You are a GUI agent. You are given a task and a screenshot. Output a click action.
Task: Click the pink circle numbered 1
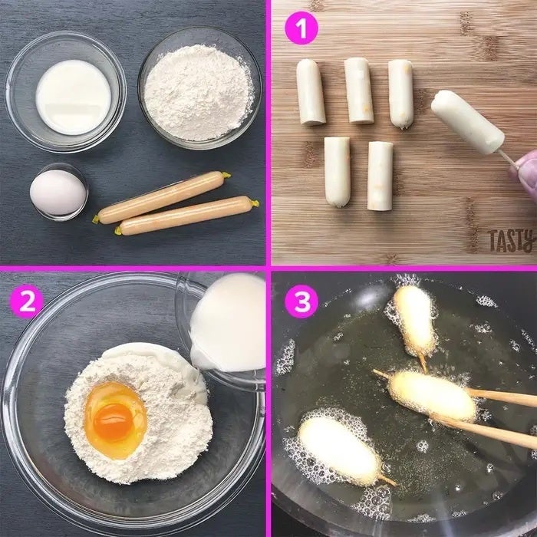click(301, 28)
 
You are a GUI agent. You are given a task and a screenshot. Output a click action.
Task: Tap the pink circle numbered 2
click(27, 301)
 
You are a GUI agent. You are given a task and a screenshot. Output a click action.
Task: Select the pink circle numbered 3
click(301, 301)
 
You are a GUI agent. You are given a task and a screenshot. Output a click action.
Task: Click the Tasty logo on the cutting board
click(512, 240)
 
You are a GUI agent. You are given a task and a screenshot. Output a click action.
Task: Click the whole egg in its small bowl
click(58, 193)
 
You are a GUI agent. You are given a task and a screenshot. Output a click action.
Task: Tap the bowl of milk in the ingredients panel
click(66, 92)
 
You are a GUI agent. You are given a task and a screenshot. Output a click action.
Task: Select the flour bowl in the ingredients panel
click(199, 88)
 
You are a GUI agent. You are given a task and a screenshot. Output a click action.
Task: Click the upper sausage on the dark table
click(161, 197)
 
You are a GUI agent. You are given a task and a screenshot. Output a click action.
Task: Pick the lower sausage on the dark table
click(186, 216)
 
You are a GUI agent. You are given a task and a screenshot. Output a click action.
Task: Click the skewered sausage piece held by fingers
click(467, 122)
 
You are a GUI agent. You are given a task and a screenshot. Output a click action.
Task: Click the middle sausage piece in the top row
click(358, 91)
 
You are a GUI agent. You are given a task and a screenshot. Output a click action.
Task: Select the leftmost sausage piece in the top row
click(311, 93)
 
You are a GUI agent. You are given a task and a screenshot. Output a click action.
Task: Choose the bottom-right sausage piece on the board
click(381, 176)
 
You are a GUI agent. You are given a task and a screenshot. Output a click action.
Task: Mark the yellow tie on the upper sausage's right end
click(226, 176)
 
